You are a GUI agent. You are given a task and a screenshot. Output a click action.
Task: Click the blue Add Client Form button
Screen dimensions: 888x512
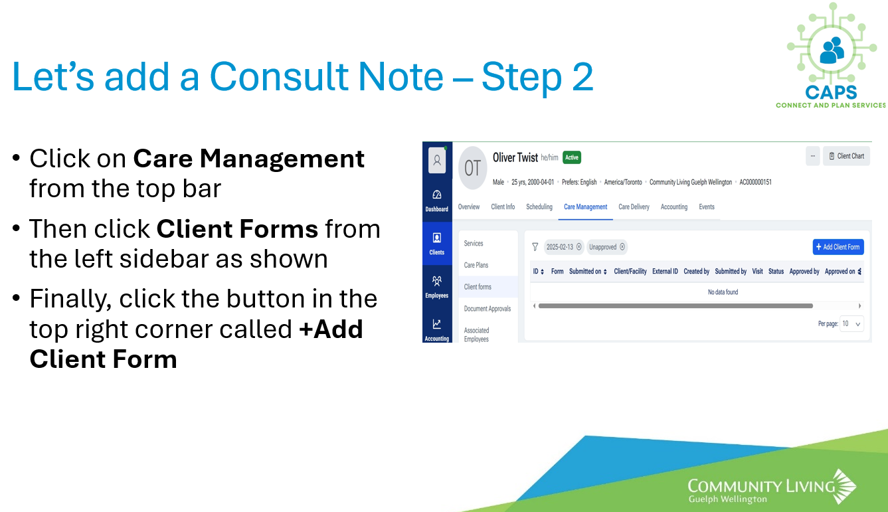(x=838, y=247)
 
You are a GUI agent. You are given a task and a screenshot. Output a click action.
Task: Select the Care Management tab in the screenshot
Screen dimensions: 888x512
(x=585, y=207)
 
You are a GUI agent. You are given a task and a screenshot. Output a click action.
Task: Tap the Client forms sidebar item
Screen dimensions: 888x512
(x=478, y=287)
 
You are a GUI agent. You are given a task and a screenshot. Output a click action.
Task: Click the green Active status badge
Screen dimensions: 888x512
(x=572, y=157)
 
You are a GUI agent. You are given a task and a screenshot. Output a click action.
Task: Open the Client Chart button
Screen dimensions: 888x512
(x=846, y=156)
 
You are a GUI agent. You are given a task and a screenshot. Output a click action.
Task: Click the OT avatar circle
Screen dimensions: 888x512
(x=472, y=168)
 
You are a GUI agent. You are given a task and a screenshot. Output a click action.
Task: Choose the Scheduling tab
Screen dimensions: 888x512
(x=539, y=207)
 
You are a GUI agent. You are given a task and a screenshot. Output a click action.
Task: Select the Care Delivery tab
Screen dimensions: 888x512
(x=634, y=207)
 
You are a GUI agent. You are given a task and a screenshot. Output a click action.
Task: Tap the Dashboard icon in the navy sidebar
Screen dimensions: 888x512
(x=437, y=195)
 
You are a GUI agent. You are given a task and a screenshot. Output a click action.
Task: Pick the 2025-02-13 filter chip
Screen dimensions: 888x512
(x=564, y=247)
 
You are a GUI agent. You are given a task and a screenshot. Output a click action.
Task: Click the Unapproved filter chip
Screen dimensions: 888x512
(x=606, y=247)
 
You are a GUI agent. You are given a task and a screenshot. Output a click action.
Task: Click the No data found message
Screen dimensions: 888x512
(x=723, y=292)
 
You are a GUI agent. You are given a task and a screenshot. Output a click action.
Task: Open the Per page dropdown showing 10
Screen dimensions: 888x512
(x=851, y=324)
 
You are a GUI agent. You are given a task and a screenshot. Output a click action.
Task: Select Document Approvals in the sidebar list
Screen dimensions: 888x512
(x=488, y=309)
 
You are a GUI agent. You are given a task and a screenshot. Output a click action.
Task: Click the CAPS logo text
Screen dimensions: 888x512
(x=831, y=93)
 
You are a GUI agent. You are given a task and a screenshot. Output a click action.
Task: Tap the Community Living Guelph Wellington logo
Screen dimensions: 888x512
(x=772, y=487)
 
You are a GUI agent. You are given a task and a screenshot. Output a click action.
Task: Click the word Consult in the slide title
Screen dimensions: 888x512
(x=280, y=76)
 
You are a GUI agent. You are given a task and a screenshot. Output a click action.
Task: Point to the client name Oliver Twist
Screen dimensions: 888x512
(x=515, y=157)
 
